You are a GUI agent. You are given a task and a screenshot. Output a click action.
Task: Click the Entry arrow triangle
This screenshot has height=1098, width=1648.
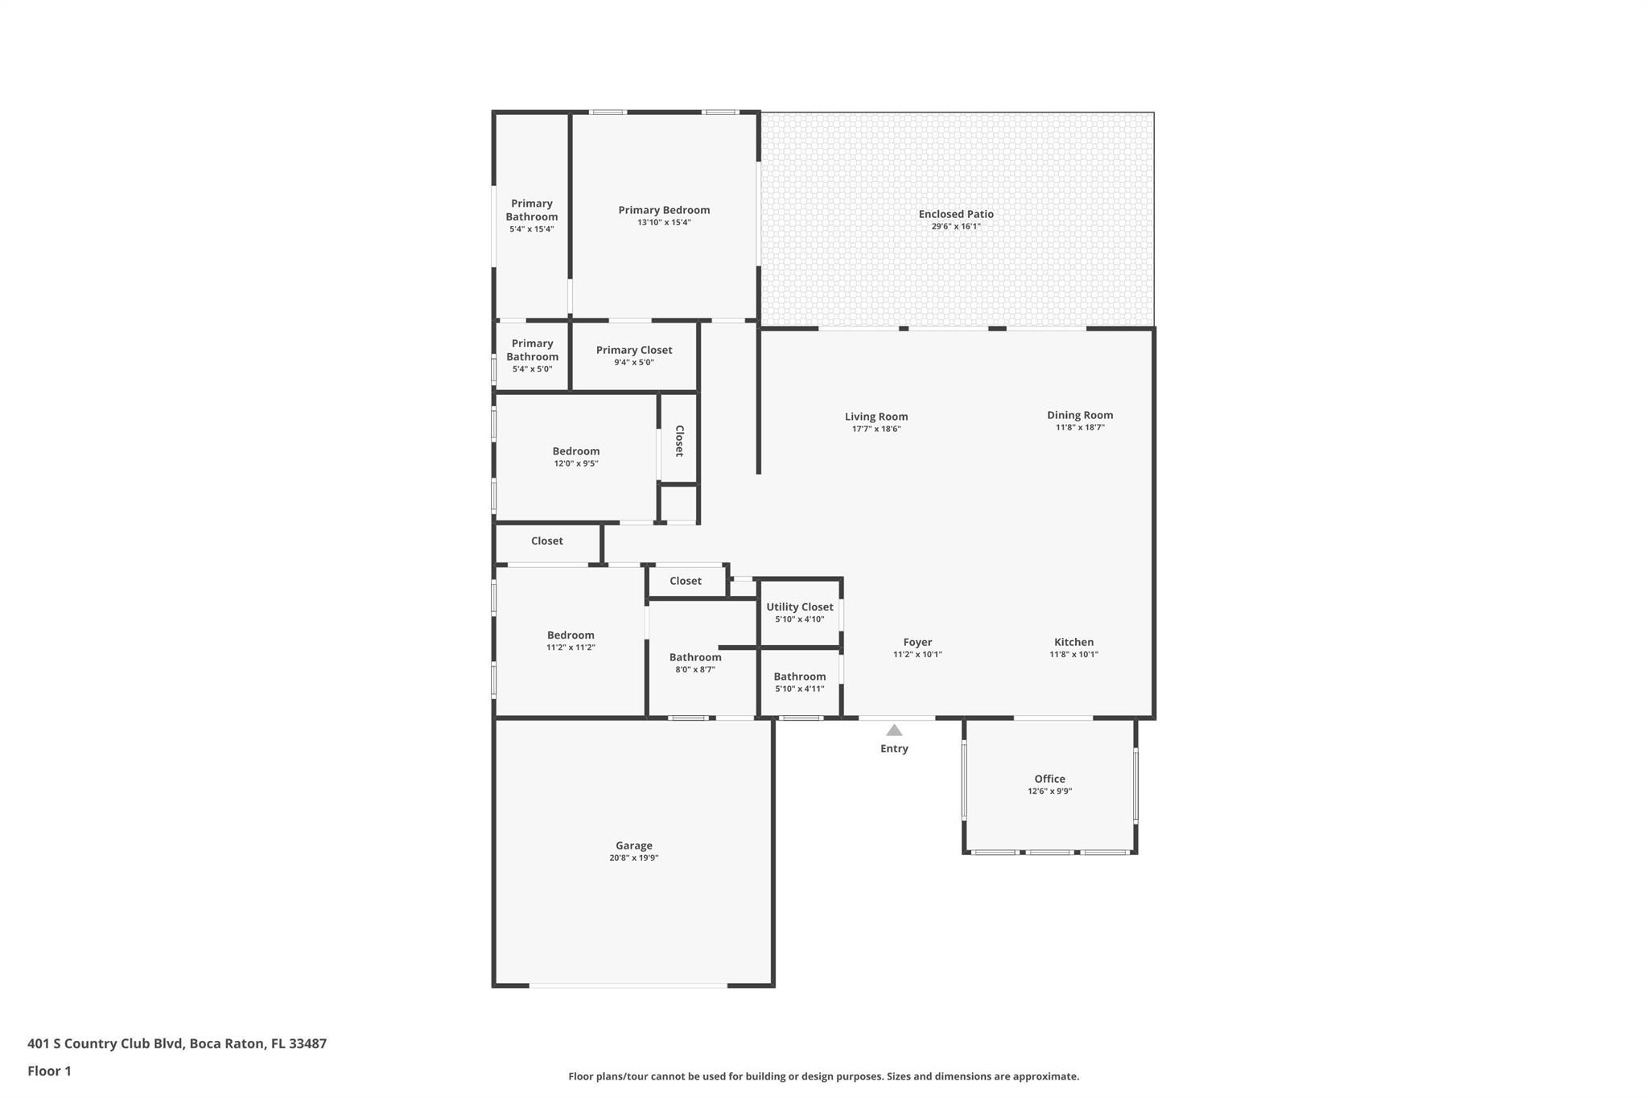894,730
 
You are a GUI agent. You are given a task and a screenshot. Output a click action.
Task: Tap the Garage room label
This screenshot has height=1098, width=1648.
634,845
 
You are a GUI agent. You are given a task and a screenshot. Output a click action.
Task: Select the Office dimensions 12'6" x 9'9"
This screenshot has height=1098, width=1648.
1049,792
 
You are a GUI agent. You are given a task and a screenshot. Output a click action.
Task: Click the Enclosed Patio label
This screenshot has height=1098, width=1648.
956,214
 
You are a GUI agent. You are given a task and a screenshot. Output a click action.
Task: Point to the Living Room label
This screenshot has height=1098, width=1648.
876,417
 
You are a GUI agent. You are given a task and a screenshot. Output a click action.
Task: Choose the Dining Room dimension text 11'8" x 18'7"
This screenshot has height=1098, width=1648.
1080,428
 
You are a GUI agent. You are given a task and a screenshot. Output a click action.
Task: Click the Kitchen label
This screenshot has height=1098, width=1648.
1073,642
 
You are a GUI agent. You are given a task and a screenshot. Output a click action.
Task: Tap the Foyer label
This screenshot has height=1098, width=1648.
917,642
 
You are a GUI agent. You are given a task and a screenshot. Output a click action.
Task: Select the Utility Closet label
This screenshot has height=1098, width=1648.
799,607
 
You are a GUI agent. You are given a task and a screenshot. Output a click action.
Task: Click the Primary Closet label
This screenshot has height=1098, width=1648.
634,350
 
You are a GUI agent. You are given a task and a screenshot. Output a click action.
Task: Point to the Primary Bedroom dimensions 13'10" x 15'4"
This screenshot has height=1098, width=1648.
664,223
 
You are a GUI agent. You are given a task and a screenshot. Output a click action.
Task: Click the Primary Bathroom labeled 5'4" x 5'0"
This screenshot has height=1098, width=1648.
532,351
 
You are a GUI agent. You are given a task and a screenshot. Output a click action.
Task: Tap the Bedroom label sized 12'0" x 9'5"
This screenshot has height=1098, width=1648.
575,451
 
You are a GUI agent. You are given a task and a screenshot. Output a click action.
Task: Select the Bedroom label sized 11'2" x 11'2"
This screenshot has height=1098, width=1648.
571,635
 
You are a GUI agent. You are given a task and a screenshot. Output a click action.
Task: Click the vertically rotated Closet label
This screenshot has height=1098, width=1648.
678,441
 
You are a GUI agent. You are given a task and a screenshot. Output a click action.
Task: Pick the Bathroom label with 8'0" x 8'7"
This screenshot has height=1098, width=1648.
695,657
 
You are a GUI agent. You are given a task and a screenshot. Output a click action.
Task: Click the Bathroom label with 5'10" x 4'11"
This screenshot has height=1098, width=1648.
799,676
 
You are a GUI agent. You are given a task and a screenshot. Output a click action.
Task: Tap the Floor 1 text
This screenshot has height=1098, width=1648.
50,1071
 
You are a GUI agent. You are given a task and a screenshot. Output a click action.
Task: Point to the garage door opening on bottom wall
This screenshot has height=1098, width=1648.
628,985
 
